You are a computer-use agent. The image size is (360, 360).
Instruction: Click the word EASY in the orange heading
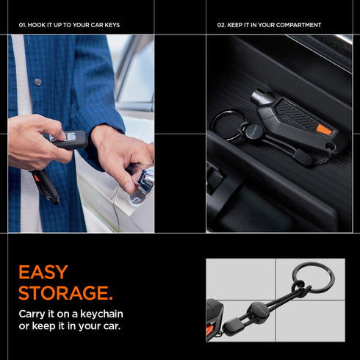43,273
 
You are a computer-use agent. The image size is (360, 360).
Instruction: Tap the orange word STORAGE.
65,294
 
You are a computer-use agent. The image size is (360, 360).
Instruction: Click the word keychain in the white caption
104,314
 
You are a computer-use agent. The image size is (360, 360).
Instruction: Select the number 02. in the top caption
221,25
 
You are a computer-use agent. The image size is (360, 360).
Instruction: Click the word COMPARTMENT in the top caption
299,25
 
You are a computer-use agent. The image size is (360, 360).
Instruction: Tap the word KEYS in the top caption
111,25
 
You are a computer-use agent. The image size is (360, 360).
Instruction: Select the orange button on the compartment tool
324,129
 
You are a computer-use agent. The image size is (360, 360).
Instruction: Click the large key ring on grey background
312,278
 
